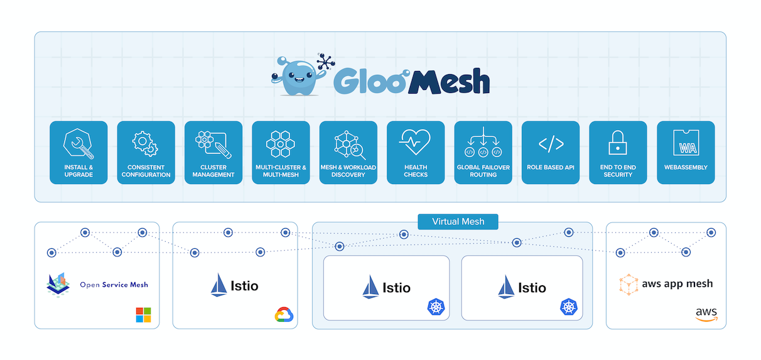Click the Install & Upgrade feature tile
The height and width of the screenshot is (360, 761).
78,153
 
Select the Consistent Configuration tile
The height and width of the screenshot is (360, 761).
146,153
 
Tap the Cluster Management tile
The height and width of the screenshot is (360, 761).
213,153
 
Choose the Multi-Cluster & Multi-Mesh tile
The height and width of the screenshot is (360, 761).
281,153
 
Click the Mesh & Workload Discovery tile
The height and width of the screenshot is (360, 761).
348,153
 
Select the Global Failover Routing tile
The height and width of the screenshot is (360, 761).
483,153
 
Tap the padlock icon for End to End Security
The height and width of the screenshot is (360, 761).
618,143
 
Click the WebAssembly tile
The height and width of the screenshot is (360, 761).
686,153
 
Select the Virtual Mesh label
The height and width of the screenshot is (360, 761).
458,222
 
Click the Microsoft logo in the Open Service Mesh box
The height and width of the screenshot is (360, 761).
143,315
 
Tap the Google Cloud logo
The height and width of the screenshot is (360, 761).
285,314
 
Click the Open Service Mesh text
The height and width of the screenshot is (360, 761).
114,285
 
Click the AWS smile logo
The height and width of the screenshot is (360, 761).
706,314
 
